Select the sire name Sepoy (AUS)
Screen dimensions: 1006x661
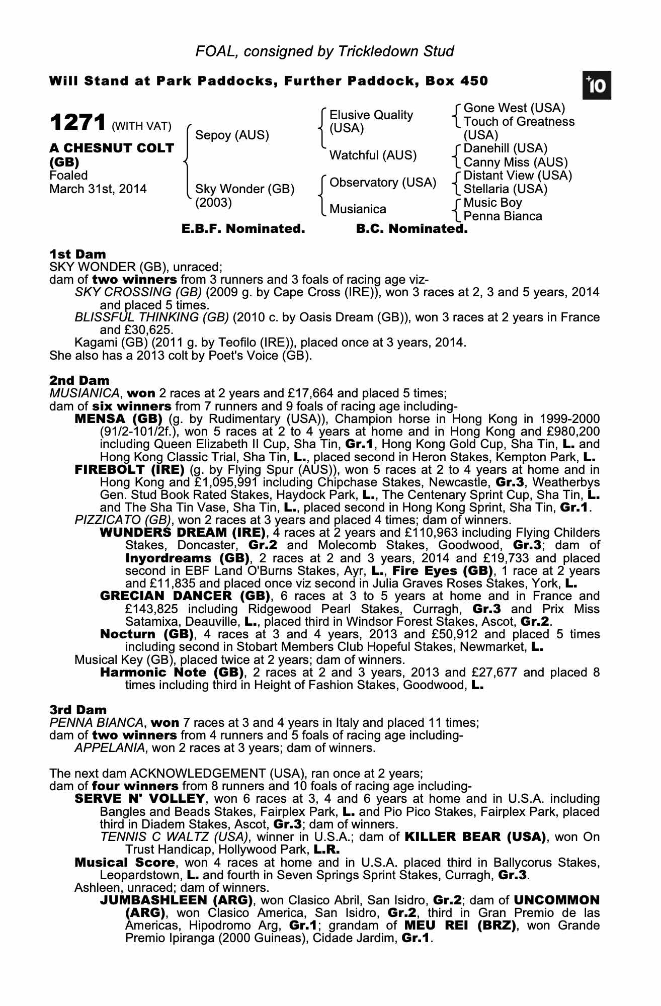click(232, 135)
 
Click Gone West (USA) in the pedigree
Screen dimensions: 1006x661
click(514, 108)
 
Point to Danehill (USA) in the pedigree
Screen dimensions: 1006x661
click(505, 149)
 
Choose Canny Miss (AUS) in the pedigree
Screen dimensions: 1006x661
click(515, 162)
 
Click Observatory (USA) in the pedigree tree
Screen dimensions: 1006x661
click(382, 183)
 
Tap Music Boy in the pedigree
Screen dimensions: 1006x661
click(492, 203)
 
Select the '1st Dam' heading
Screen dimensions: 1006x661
click(77, 254)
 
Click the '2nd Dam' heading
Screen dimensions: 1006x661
click(79, 381)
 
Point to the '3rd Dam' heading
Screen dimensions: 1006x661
click(78, 710)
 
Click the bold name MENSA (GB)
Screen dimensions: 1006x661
click(118, 419)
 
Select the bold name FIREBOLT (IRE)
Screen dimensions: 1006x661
click(129, 470)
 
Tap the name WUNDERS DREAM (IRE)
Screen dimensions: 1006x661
click(183, 533)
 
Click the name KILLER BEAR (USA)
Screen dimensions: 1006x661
click(475, 837)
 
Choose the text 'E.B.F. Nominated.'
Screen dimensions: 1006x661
click(243, 229)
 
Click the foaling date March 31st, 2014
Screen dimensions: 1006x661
click(98, 190)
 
